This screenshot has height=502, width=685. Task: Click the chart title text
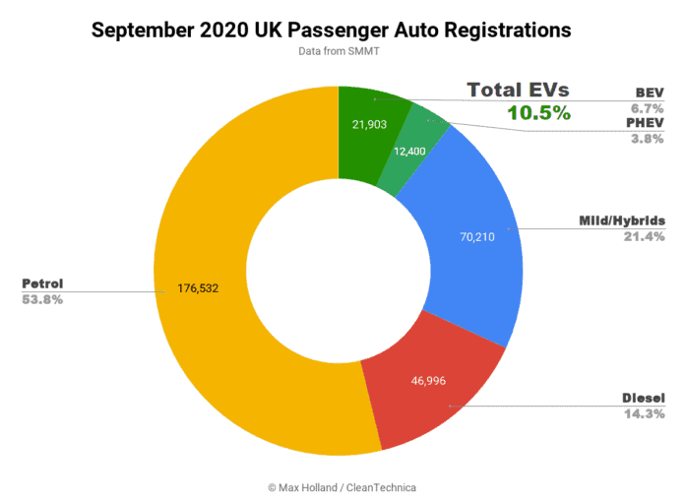tap(331, 31)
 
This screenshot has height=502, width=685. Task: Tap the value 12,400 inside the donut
tap(410, 153)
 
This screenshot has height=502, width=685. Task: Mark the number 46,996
tap(430, 381)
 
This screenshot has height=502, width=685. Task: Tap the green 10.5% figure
tap(538, 112)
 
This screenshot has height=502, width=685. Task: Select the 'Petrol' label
tap(42, 283)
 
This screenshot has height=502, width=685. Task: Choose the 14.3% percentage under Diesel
tap(643, 413)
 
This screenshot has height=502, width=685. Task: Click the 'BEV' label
tap(651, 93)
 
